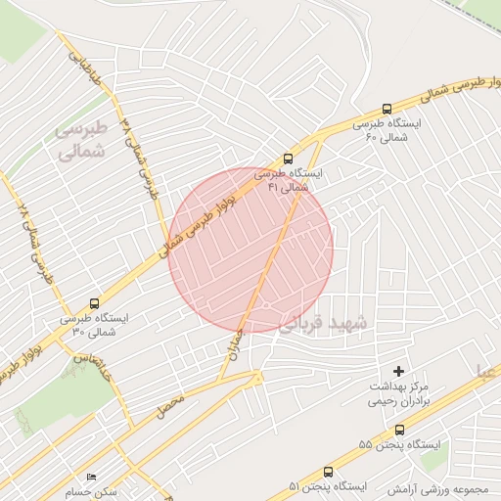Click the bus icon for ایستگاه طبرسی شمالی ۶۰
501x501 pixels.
click(x=387, y=110)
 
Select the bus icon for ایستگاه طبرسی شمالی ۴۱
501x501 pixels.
click(x=288, y=158)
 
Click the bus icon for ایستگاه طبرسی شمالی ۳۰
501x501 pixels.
click(x=94, y=303)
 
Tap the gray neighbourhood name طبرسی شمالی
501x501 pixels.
click(x=80, y=140)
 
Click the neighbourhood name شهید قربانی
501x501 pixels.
click(x=324, y=323)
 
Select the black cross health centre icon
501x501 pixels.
click(x=397, y=370)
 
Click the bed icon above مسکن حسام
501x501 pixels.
click(x=92, y=477)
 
